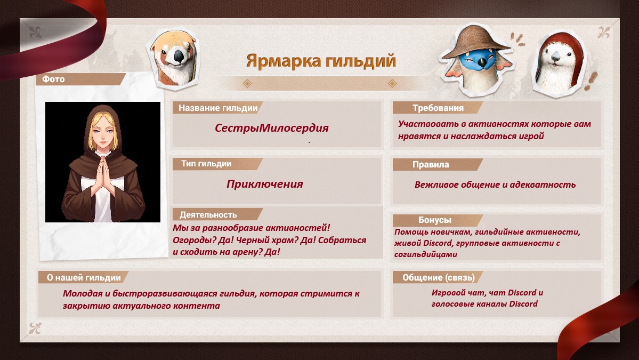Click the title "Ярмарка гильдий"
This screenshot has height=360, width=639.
(x=321, y=61)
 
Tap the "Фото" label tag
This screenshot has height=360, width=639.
(x=53, y=79)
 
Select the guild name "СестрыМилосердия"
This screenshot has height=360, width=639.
(x=271, y=128)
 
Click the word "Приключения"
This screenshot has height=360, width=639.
(x=264, y=184)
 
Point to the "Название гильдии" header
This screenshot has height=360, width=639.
(x=218, y=108)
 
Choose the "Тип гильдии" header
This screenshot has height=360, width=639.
(x=206, y=164)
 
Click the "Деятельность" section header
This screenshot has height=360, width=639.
(x=208, y=214)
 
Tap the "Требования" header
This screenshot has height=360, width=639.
(x=438, y=108)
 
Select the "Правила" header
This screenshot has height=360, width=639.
(x=430, y=164)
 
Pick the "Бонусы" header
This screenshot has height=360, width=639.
(x=434, y=220)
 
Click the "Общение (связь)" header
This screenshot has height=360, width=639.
(x=439, y=278)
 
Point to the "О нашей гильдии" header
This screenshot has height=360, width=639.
(x=84, y=278)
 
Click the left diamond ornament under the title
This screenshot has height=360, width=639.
(x=247, y=84)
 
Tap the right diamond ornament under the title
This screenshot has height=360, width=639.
(x=392, y=84)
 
